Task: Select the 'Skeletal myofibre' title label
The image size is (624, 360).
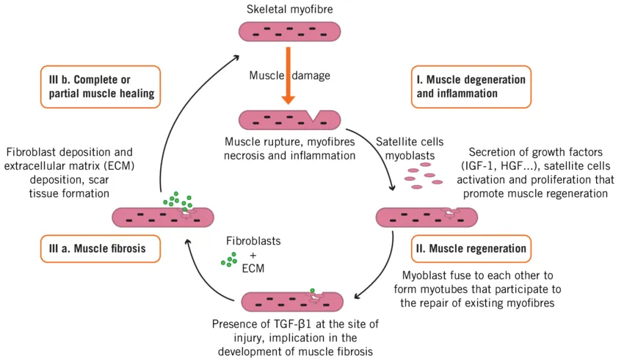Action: pos(289,9)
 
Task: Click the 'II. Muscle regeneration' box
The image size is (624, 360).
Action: pos(470,248)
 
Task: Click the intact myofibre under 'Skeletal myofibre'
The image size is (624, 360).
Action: pos(289,31)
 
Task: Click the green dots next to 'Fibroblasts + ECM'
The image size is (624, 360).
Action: pos(230,259)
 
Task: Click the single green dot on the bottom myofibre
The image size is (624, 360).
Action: pos(313,292)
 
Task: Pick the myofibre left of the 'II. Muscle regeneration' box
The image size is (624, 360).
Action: pos(426,216)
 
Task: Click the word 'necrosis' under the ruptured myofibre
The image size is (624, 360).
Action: pos(247,155)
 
